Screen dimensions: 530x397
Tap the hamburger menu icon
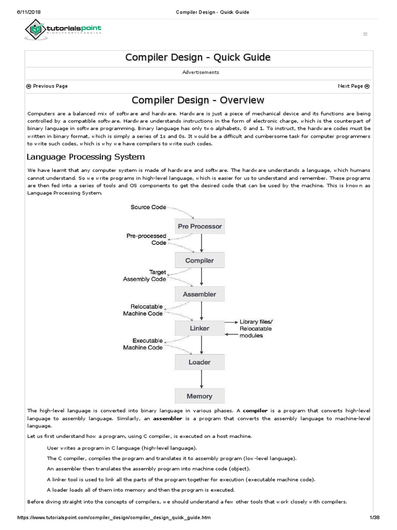(365, 34)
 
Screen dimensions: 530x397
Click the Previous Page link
(47, 86)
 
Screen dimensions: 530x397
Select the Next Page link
(354, 86)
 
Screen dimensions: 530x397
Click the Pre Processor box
(200, 226)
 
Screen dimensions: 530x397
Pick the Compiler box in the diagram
(200, 260)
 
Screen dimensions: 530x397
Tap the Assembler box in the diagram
(200, 294)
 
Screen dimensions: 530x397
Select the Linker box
(200, 328)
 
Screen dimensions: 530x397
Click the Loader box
(200, 362)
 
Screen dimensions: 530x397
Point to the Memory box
(200, 396)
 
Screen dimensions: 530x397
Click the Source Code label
(148, 207)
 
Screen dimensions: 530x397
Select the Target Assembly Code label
(144, 275)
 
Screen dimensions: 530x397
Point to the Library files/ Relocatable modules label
(255, 329)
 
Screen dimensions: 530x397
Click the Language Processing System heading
(86, 157)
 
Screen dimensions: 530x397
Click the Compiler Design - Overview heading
(198, 100)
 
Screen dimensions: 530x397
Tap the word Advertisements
(201, 72)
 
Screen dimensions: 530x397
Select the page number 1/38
(374, 518)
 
